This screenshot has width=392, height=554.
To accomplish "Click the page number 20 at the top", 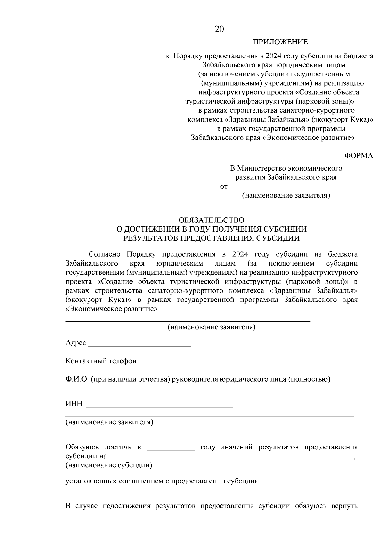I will pyautogui.click(x=219, y=29).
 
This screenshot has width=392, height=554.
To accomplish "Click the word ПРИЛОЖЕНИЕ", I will pyautogui.click(x=280, y=42).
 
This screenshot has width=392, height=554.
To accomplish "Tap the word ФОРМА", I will pyautogui.click(x=358, y=155).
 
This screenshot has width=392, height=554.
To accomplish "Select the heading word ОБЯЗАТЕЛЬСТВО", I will pyautogui.click(x=211, y=220).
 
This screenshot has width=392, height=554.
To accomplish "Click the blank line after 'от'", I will pyautogui.click(x=291, y=188).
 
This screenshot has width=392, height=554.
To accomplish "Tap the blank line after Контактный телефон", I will pyautogui.click(x=182, y=362).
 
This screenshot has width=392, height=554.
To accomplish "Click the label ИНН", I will pyautogui.click(x=74, y=404).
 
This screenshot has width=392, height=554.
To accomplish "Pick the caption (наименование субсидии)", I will pyautogui.click(x=109, y=465).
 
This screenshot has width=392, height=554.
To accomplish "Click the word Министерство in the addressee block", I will pyautogui.click(x=261, y=168).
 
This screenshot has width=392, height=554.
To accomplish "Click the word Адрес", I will pyautogui.click(x=75, y=343).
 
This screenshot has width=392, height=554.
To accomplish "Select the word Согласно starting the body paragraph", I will pyautogui.click(x=105, y=254).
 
